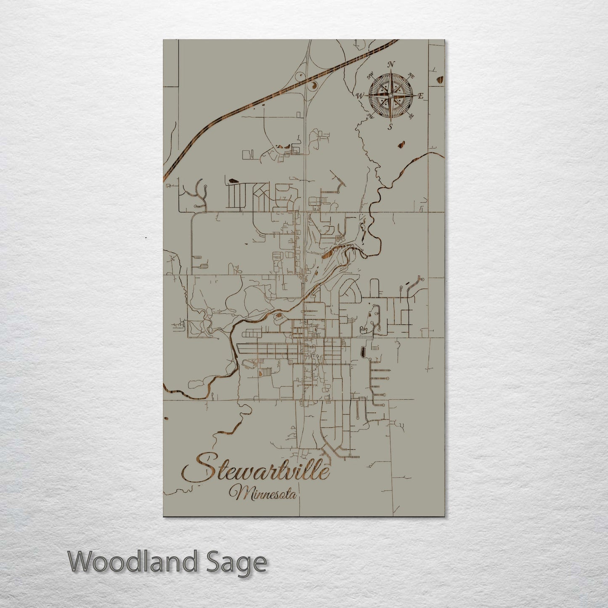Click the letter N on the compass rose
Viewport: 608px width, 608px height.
[x=391, y=64]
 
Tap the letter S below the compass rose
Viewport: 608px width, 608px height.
[x=390, y=127]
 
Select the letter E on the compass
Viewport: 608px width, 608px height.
[x=420, y=96]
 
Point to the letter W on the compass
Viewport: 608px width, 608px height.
[x=360, y=96]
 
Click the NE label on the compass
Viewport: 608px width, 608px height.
[x=412, y=76]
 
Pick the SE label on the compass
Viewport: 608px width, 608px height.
[x=411, y=117]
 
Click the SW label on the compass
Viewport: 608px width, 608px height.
[x=371, y=116]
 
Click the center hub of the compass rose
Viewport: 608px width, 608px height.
[x=390, y=96]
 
